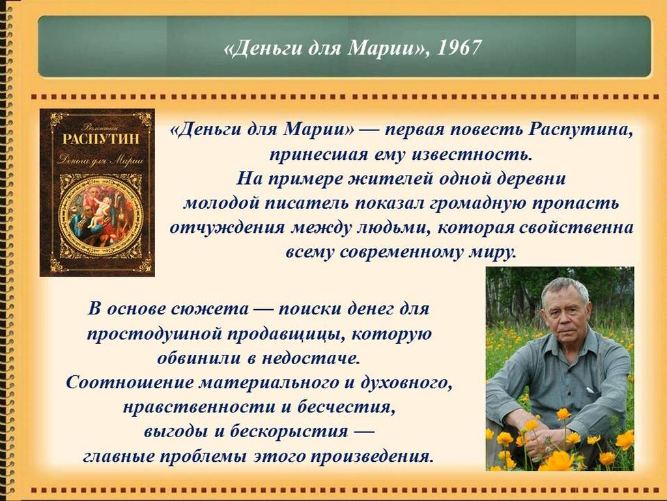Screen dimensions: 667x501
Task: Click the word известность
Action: point(472,154)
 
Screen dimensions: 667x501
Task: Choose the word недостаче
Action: point(311,358)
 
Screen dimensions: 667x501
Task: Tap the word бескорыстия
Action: point(289,432)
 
